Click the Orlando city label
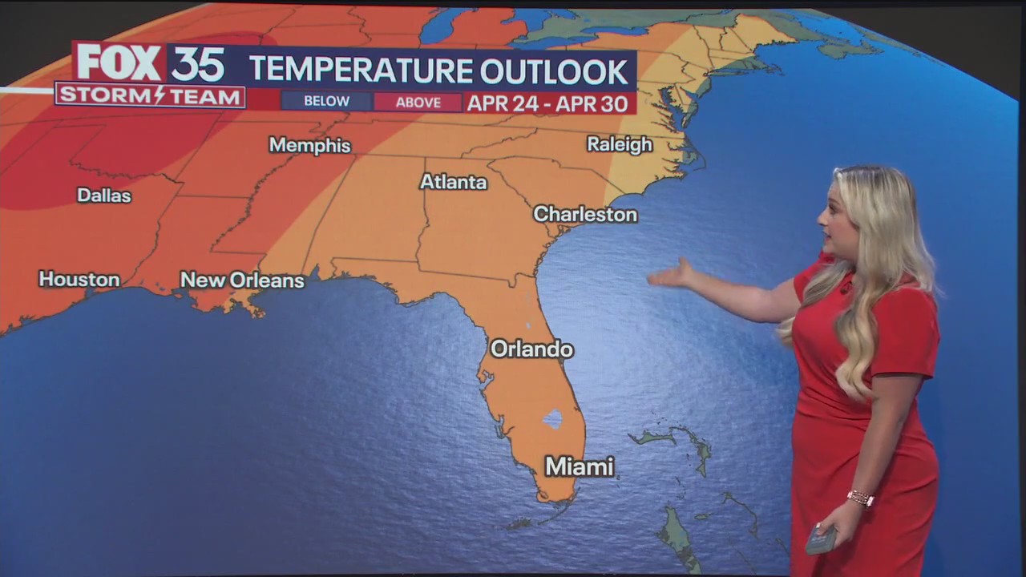(531, 349)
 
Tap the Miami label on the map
(579, 466)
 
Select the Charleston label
(585, 215)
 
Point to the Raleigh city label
(620, 145)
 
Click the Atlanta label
(454, 183)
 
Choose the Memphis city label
(309, 146)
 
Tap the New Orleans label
(242, 280)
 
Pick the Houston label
(79, 280)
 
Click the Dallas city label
(104, 196)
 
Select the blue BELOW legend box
(326, 102)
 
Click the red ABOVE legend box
(418, 103)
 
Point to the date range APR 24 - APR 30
(550, 103)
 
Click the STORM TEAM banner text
(150, 97)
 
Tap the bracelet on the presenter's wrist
(860, 498)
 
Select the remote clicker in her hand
(821, 539)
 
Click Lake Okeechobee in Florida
(552, 418)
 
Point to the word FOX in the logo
(119, 63)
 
